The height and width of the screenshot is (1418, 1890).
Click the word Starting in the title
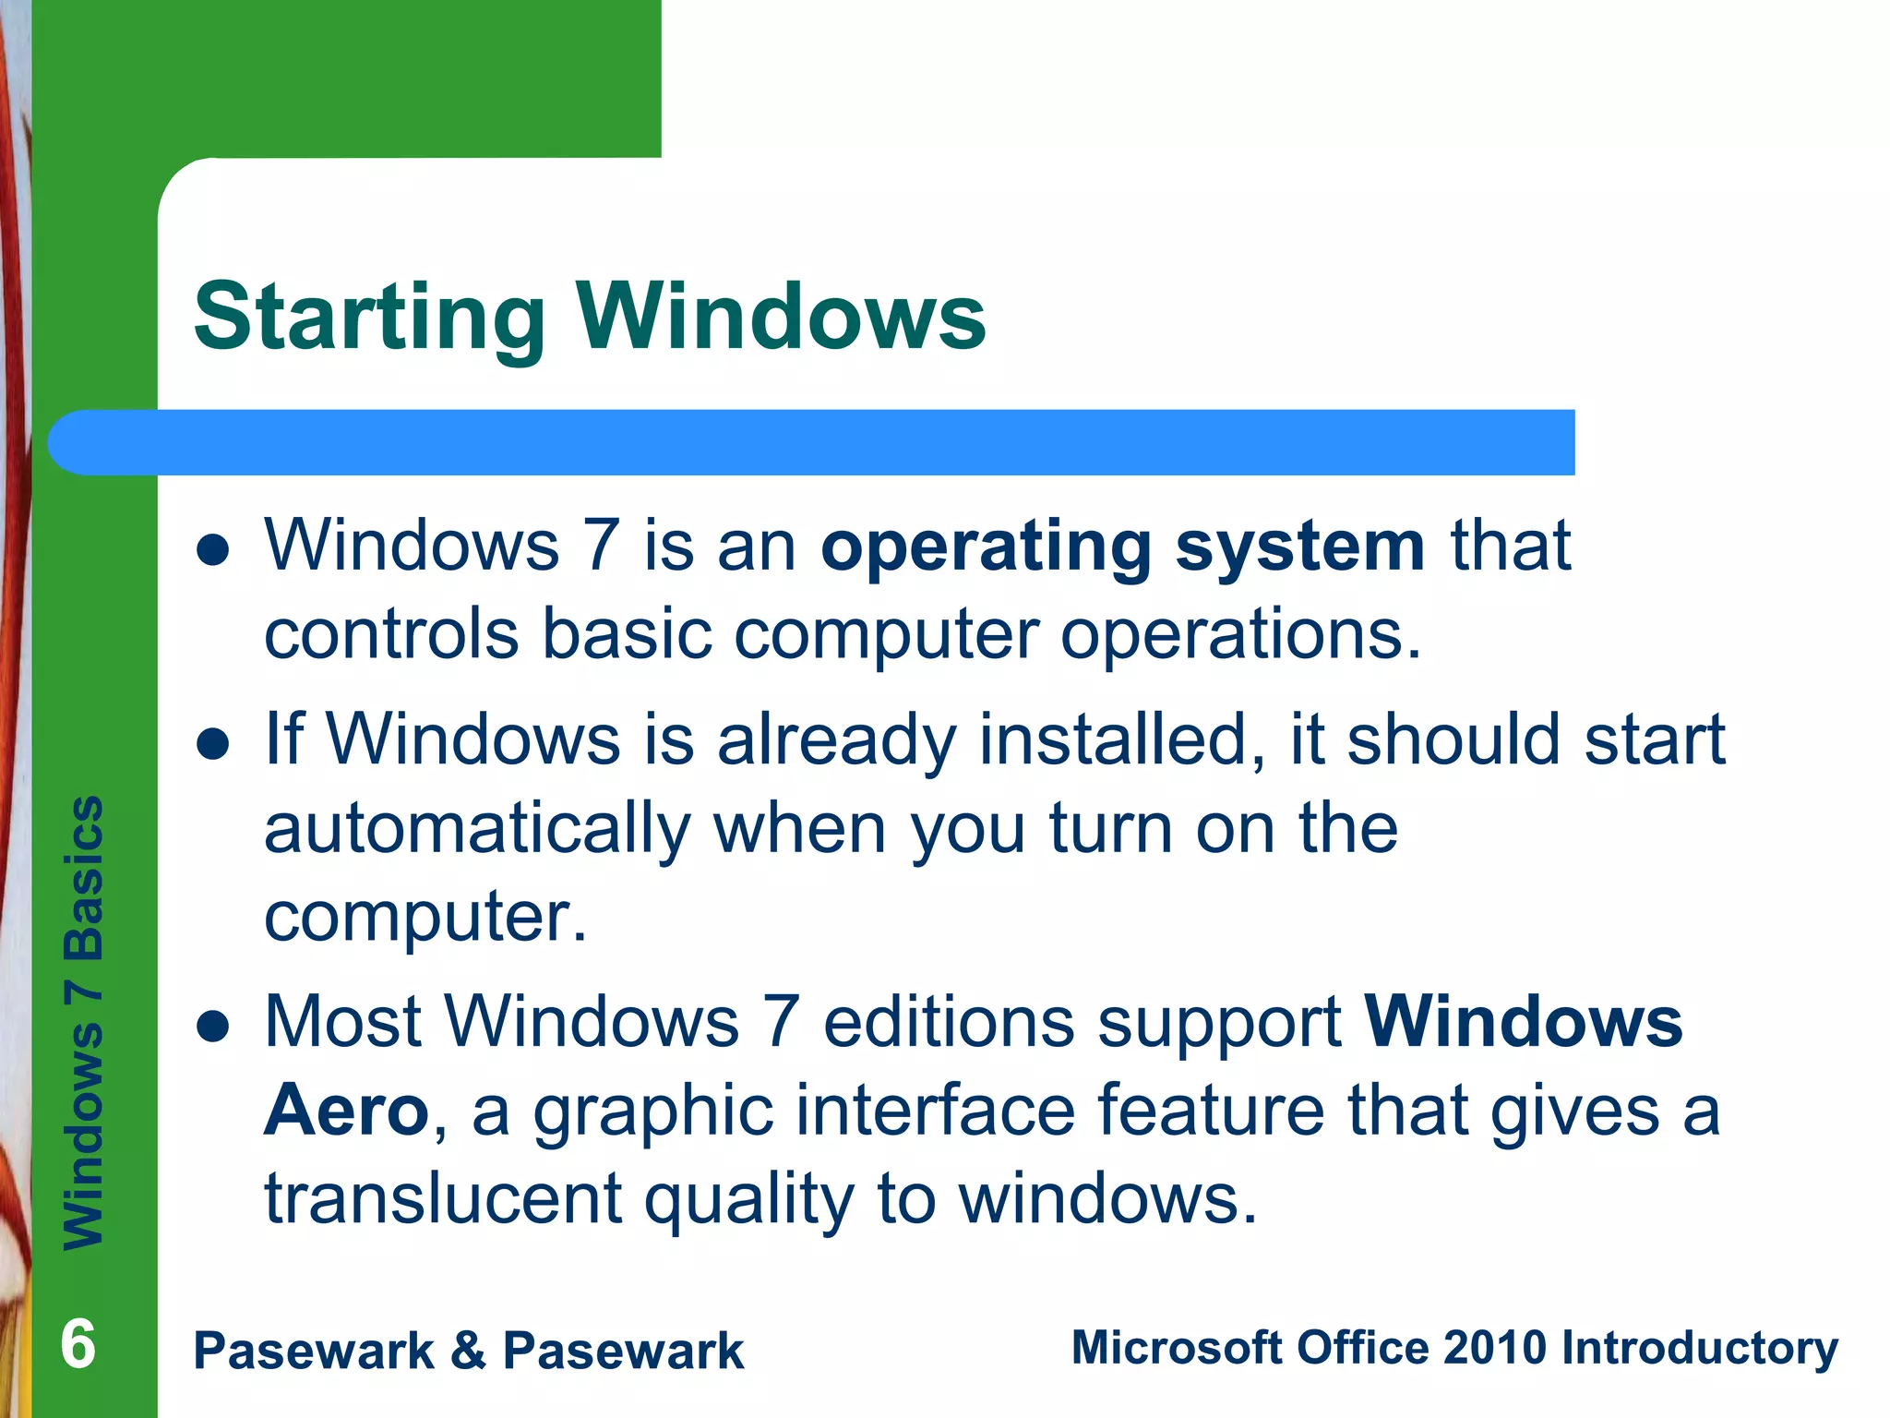point(369,318)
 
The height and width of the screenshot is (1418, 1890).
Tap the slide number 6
point(78,1344)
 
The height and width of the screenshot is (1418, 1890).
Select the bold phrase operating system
point(1123,547)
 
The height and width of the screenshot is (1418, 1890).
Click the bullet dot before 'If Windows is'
point(213,743)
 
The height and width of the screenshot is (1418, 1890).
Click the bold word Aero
point(346,1111)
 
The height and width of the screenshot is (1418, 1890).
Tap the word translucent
point(443,1198)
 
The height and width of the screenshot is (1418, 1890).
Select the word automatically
point(477,829)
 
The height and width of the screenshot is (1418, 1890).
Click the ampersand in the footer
point(468,1351)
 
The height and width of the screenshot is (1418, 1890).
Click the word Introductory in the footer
point(1699,1348)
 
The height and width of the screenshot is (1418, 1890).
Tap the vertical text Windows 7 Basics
point(84,1022)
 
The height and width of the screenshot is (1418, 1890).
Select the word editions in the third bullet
point(949,1023)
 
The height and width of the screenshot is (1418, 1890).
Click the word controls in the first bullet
point(391,635)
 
